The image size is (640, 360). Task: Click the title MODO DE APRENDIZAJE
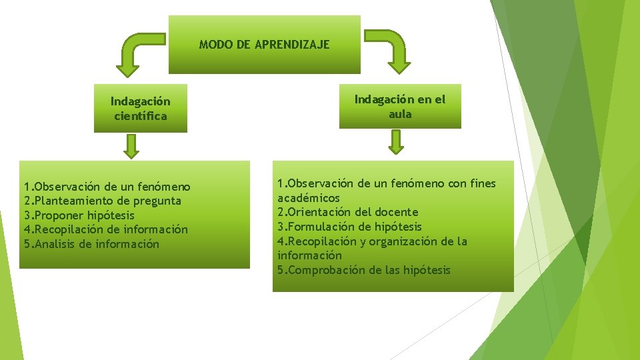[264, 45]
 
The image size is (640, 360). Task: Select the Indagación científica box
[140, 108]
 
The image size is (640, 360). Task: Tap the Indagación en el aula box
[399, 106]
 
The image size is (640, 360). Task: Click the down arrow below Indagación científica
[132, 146]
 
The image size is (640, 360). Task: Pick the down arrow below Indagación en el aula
[397, 141]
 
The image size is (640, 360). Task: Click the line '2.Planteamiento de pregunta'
[102, 201]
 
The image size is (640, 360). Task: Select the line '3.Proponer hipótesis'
[79, 215]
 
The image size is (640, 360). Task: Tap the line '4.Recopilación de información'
[105, 229]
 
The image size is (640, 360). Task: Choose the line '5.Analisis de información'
[91, 244]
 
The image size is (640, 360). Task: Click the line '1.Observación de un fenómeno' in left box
[107, 187]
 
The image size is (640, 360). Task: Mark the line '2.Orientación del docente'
[347, 212]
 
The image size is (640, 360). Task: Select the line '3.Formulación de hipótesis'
[349, 227]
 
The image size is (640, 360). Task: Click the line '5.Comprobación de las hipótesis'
[363, 270]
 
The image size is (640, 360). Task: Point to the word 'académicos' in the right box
[308, 198]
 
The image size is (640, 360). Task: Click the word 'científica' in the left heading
[140, 116]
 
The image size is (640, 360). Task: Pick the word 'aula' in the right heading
[400, 114]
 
